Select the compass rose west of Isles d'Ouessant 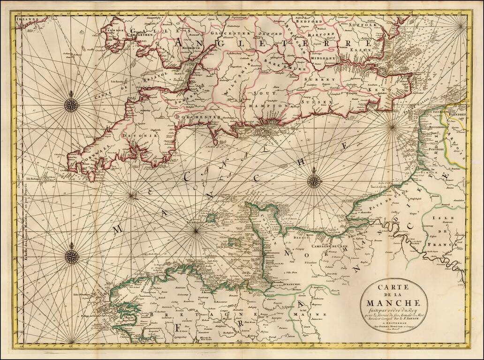[72, 256]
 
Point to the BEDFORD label [308, 22]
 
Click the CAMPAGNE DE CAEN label [332, 245]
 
